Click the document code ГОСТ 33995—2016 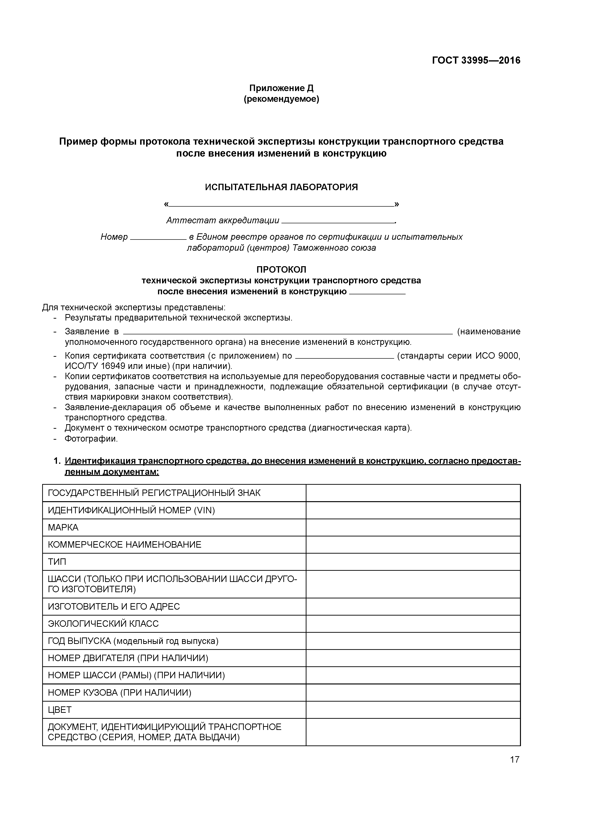[476, 61]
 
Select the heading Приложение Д [281, 88]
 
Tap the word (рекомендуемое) [281, 99]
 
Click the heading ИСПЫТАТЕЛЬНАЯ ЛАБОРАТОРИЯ [281, 187]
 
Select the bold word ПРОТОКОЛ [281, 270]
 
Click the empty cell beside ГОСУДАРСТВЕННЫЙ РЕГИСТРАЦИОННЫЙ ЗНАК [413, 493]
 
